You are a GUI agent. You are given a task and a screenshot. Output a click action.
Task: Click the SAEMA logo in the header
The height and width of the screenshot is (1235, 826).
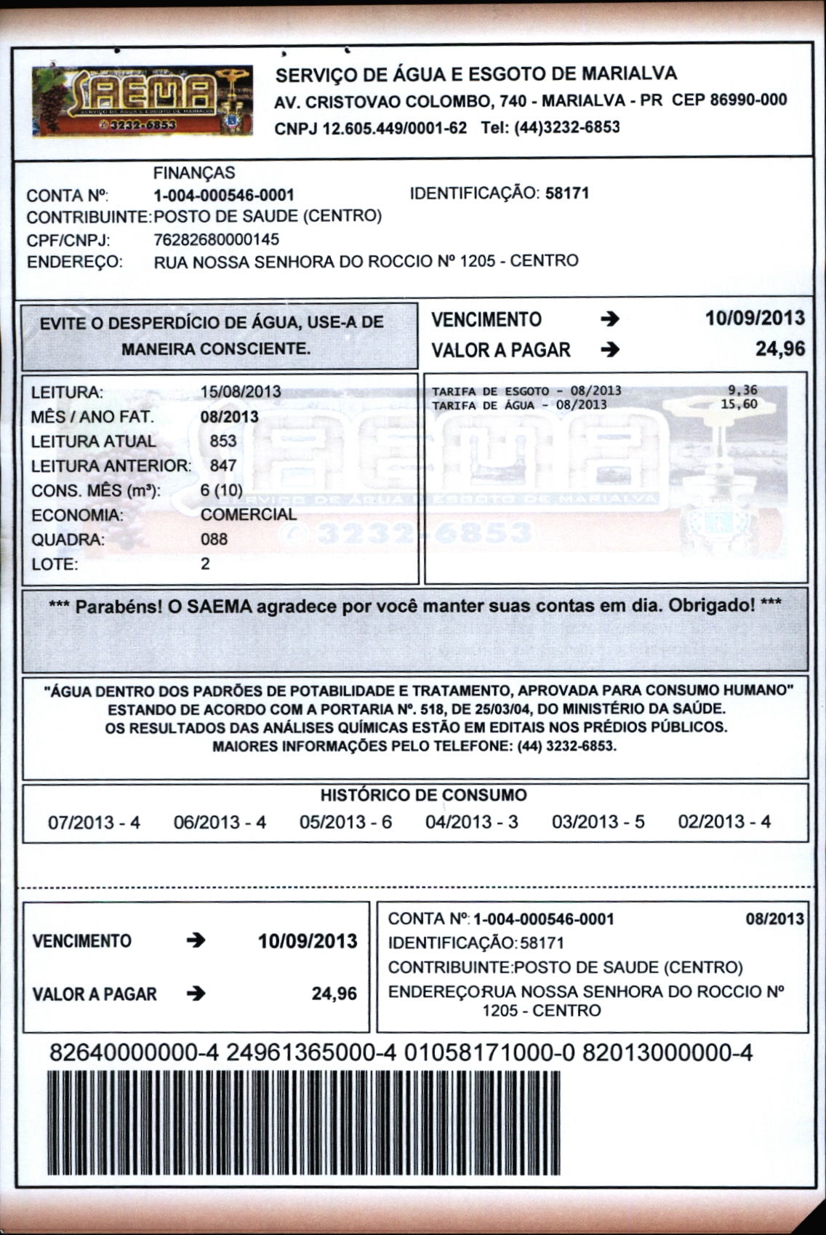pos(143,101)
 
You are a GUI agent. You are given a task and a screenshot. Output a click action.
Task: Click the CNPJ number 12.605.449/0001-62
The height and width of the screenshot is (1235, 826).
pos(370,128)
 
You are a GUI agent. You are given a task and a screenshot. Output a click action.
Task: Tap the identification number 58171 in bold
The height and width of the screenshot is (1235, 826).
pos(567,193)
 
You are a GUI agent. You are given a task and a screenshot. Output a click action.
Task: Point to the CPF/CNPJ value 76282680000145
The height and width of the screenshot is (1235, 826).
pos(217,239)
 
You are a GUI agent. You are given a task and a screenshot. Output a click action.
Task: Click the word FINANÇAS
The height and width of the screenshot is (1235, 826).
pos(194,172)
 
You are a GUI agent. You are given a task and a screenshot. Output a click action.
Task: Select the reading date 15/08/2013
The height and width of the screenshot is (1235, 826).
pos(241,391)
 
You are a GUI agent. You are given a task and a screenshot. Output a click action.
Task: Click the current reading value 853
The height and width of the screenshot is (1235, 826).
pos(223,441)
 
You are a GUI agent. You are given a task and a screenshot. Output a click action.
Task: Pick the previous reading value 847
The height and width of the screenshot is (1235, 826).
pos(223,465)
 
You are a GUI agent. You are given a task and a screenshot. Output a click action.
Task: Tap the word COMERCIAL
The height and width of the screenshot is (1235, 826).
pos(249,514)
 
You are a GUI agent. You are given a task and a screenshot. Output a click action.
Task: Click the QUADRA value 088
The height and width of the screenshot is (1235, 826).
pos(214,539)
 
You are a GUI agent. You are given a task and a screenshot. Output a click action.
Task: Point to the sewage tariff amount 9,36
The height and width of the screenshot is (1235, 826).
pos(742,391)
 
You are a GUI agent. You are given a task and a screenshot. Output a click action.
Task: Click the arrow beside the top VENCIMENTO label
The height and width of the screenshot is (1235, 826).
pos(611,319)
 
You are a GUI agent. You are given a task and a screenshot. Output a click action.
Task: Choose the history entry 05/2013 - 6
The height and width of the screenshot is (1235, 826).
pos(345,822)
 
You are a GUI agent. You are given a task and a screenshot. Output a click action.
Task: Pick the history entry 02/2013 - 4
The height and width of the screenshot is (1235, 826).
pos(724,822)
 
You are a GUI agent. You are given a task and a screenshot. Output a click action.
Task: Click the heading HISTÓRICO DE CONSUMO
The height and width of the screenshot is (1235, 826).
pos(424,795)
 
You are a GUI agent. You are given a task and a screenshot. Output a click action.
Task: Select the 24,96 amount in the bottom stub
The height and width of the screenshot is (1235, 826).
pos(334,994)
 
